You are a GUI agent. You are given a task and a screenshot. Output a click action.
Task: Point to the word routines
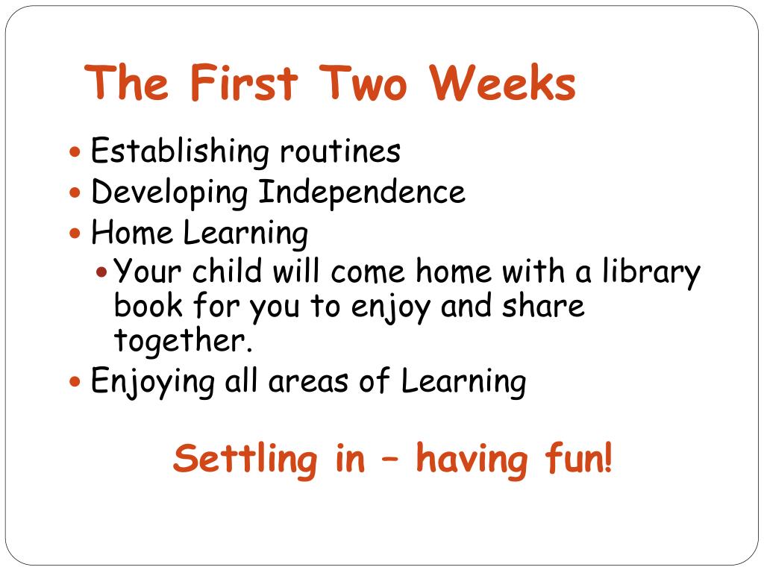pos(340,152)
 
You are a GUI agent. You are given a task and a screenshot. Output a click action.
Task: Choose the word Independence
pos(362,192)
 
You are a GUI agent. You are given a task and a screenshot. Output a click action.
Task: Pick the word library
pos(651,272)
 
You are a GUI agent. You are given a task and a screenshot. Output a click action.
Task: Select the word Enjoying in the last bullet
pos(152,383)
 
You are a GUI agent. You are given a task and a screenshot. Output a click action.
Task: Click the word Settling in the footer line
pos(244,458)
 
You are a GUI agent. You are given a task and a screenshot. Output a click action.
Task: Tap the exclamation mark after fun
pos(608,458)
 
